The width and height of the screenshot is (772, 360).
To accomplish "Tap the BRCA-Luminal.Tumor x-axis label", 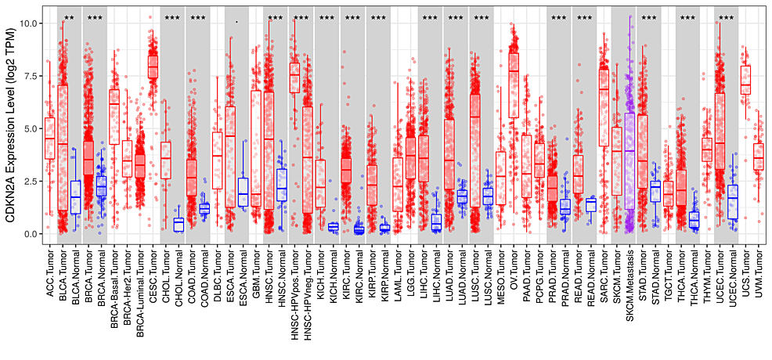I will [139, 298].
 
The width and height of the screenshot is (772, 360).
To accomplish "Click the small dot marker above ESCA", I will [236, 22].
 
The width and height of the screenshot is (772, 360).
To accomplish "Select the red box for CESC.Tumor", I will [153, 67].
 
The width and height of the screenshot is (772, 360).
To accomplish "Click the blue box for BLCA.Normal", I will [75, 197].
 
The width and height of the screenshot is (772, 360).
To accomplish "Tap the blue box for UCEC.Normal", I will [732, 203].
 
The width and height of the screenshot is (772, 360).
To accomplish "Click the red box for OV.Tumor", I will [514, 85].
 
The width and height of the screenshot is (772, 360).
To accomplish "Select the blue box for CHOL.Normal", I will [179, 225].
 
